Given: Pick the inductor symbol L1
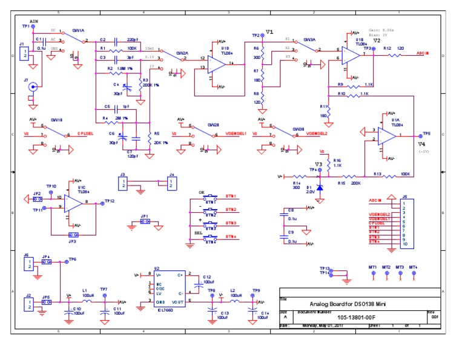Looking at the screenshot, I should coord(87,301).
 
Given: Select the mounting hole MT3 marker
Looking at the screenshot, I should coord(400,273).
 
